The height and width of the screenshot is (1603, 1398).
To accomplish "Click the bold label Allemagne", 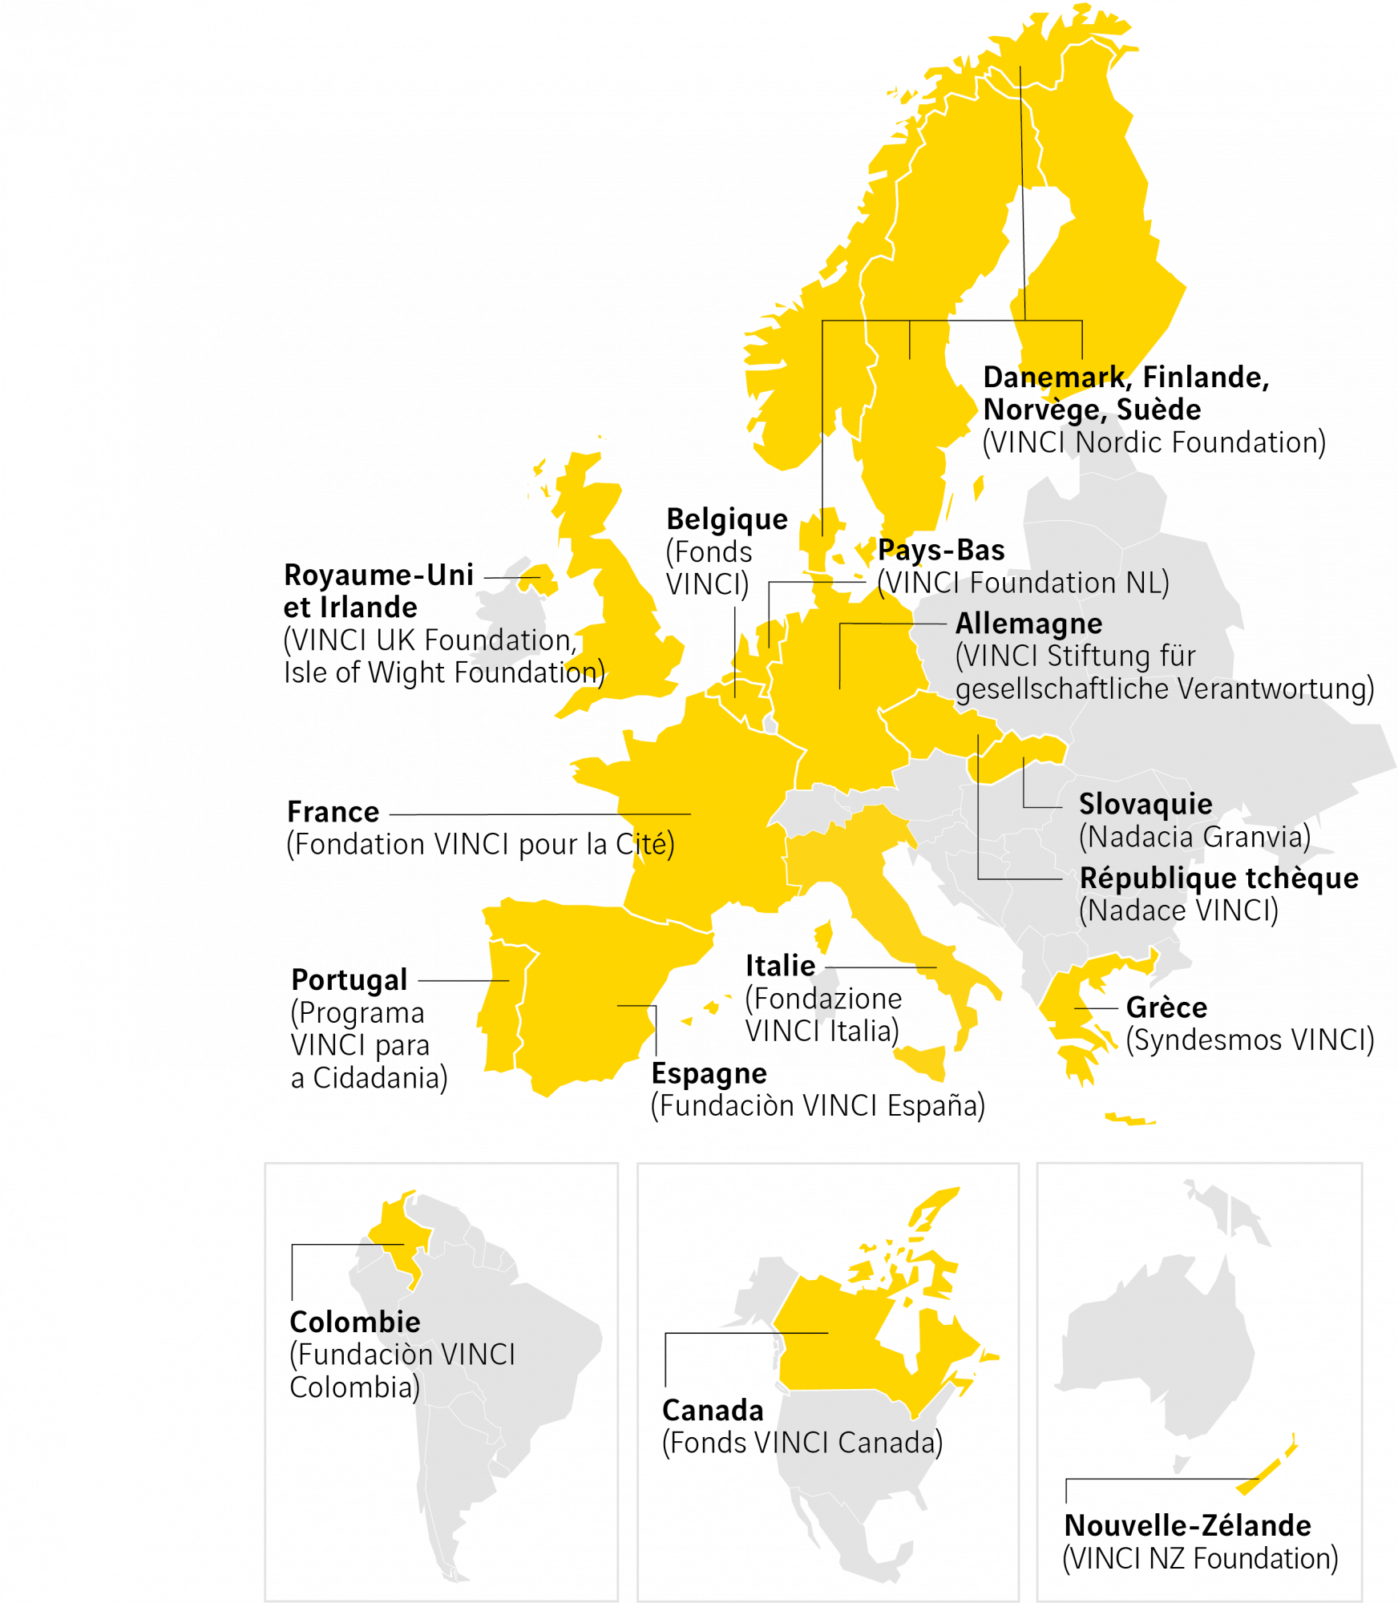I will (x=1028, y=624).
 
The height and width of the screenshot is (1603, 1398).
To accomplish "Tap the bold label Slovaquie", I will (x=1145, y=804).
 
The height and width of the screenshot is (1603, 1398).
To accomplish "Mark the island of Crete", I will (x=1130, y=1118).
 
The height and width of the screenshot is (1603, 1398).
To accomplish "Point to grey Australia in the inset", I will (x=1162, y=1347).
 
